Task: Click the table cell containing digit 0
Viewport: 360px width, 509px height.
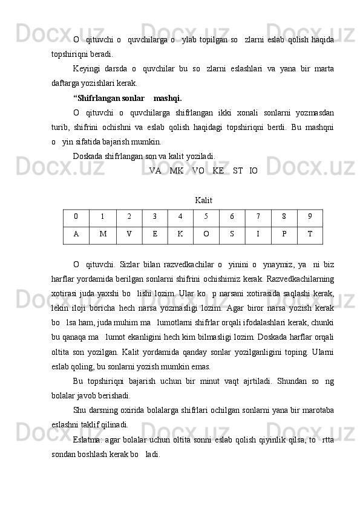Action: point(76,216)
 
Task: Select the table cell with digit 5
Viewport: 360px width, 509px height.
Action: point(206,216)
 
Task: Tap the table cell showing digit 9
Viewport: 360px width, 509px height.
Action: point(310,216)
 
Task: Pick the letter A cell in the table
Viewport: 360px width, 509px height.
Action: point(76,235)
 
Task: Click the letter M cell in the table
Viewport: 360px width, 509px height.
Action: point(103,235)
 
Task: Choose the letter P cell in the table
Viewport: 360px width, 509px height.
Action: point(284,235)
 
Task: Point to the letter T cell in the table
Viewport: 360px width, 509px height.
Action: point(310,235)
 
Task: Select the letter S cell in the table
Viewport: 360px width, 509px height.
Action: point(232,235)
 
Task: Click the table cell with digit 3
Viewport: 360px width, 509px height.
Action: point(155,216)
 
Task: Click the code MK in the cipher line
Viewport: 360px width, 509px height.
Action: point(177,171)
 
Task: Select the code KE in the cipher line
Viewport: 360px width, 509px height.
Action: point(218,171)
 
